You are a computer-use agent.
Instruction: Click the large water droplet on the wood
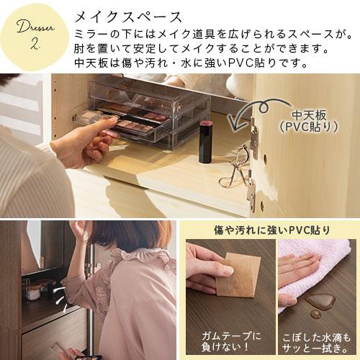coord(318,302)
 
